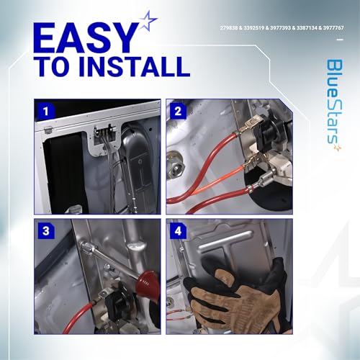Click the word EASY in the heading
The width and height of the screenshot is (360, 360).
tap(86, 37)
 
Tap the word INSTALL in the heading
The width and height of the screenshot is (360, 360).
tap(134, 66)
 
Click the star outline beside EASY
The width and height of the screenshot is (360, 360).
tap(148, 21)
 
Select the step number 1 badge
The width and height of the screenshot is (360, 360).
tap(45, 111)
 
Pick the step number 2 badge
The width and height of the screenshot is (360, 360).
tap(178, 111)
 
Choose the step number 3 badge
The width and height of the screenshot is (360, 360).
tap(45, 231)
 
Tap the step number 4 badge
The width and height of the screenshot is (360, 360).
tap(178, 231)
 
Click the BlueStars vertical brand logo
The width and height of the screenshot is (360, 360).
tap(334, 105)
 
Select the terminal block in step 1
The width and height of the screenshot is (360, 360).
tap(104, 132)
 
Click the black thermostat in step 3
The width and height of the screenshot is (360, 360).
tap(116, 303)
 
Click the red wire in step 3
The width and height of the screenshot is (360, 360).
tap(78, 317)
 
